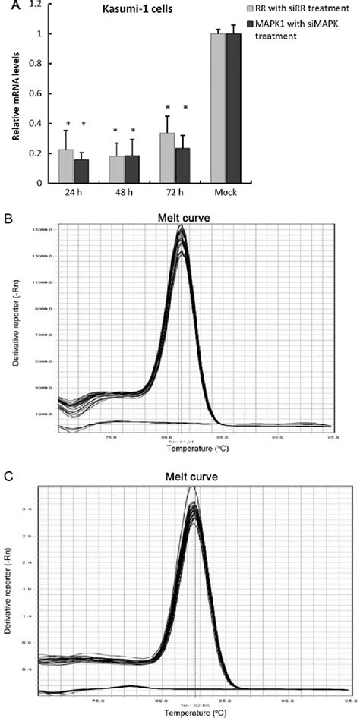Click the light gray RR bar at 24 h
66,166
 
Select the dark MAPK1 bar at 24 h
81,171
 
